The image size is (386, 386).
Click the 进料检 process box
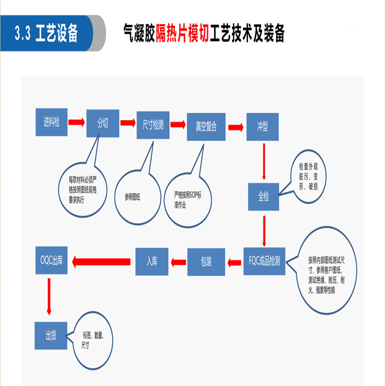click(51, 122)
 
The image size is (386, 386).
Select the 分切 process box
click(102, 124)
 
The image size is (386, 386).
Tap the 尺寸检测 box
click(153, 125)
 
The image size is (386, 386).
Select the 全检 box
click(264, 197)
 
